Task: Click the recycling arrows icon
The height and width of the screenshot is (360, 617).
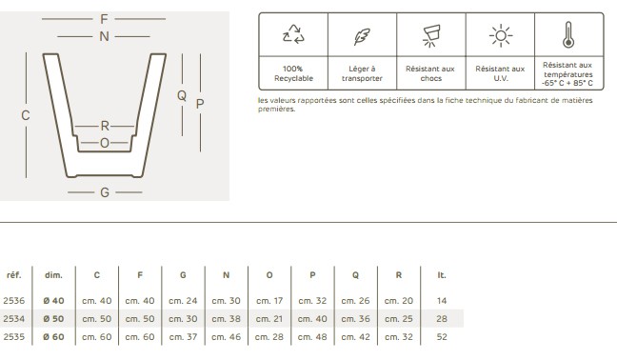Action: click(293, 34)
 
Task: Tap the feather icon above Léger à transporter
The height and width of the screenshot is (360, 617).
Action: click(362, 36)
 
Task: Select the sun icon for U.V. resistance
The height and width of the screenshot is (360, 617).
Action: click(501, 36)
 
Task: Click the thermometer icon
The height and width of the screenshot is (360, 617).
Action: click(568, 34)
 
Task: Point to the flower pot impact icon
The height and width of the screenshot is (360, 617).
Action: click(431, 36)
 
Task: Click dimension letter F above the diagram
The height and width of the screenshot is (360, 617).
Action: click(104, 19)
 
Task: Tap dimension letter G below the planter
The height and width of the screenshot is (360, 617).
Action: click(105, 192)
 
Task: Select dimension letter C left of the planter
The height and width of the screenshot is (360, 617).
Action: click(26, 115)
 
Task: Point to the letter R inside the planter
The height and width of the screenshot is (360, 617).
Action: click(105, 126)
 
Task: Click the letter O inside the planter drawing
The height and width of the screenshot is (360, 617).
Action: click(105, 143)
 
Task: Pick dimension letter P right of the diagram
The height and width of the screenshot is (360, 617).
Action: click(200, 104)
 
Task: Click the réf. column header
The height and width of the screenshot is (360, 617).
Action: click(14, 275)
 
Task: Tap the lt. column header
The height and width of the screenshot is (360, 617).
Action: click(442, 275)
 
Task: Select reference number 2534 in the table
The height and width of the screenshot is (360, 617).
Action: click(13, 319)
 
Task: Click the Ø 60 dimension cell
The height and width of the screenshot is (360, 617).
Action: click(53, 337)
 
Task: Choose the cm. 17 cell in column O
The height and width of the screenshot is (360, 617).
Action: click(269, 301)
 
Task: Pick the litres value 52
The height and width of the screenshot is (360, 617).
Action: click(442, 337)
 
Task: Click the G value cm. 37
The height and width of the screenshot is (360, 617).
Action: click(183, 337)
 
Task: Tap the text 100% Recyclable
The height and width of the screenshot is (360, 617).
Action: click(293, 73)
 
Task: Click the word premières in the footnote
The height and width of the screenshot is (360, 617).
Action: click(277, 109)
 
